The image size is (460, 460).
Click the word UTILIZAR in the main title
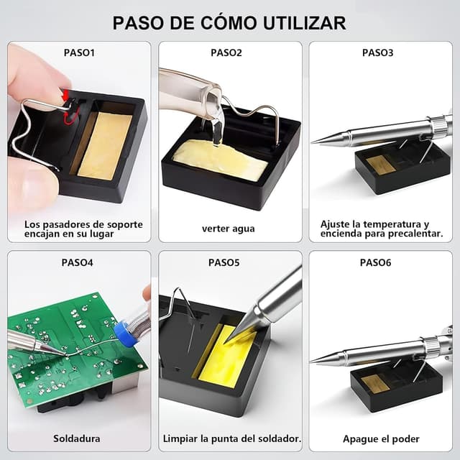(304, 23)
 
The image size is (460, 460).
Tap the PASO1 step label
(79, 52)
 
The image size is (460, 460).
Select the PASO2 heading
(226, 52)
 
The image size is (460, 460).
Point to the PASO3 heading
(377, 52)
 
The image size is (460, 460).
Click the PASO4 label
(77, 262)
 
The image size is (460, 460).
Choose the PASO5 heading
(224, 262)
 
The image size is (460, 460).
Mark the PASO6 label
(375, 262)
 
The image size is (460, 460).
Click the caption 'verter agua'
(229, 229)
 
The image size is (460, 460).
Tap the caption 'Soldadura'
(77, 439)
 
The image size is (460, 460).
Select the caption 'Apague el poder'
(381, 439)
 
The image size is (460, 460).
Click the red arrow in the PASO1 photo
(65, 95)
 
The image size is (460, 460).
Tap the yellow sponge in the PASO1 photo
(104, 146)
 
